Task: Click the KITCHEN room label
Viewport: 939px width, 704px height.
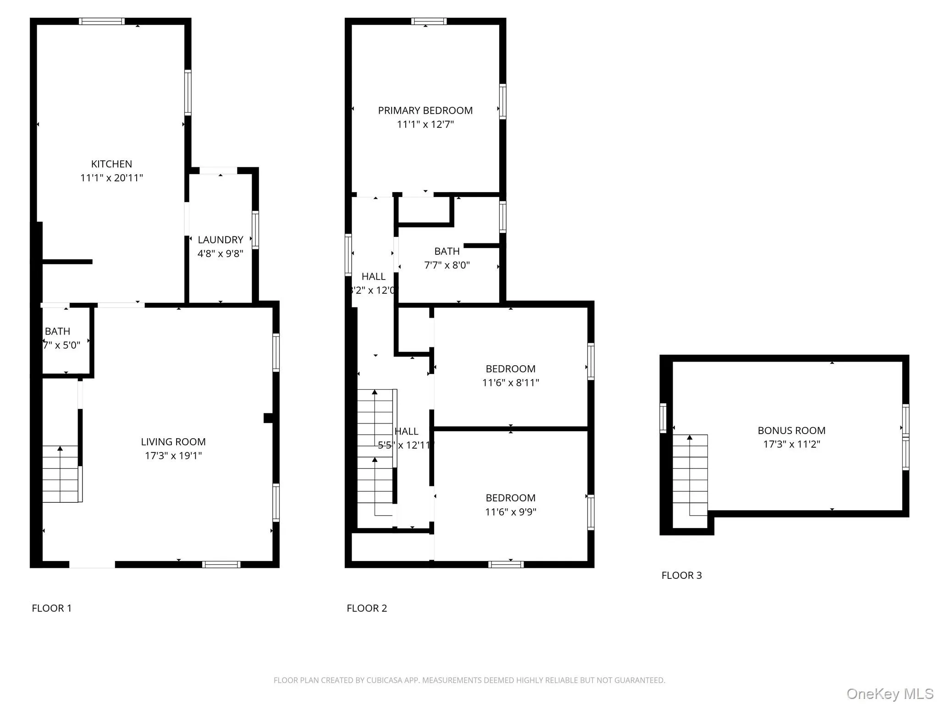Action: (111, 164)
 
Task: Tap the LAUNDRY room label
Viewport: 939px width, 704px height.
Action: (220, 240)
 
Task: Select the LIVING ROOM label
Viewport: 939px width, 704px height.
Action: (173, 442)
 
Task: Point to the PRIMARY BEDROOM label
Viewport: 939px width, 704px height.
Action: (425, 110)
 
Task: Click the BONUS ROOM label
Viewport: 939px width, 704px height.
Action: (791, 430)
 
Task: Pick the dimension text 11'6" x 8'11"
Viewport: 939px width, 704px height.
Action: (510, 383)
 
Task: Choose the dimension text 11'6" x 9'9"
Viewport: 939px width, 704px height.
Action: (510, 511)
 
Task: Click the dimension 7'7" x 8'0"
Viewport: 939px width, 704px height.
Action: (447, 265)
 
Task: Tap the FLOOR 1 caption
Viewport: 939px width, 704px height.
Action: (52, 608)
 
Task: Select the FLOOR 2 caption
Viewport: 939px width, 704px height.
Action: (367, 608)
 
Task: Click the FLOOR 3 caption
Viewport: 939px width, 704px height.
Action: (681, 575)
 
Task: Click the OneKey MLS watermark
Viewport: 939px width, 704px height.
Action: (889, 693)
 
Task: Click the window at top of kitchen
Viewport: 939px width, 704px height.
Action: (101, 21)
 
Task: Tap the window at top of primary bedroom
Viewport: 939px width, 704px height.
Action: (429, 21)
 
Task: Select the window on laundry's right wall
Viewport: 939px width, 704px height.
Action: (255, 230)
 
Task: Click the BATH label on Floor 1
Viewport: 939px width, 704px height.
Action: (57, 331)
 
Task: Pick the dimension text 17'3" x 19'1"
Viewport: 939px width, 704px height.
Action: (173, 456)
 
